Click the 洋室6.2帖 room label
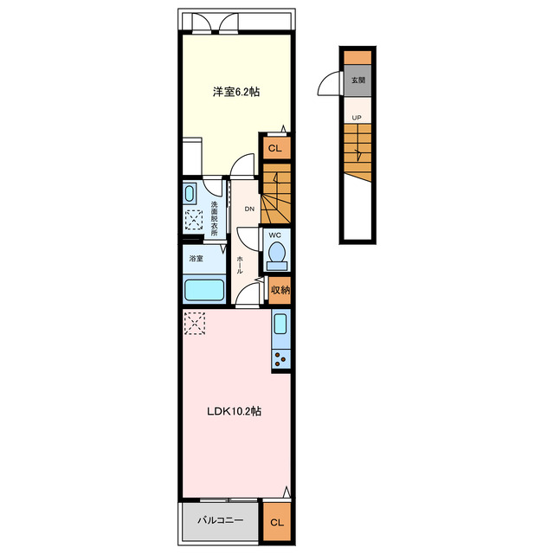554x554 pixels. (x=236, y=92)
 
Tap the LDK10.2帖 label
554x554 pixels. (x=234, y=411)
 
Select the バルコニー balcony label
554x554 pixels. (x=221, y=520)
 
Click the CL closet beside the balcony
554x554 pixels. (x=277, y=522)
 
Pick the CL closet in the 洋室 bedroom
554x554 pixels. (x=275, y=148)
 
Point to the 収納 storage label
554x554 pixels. (x=280, y=290)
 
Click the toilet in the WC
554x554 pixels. (x=277, y=256)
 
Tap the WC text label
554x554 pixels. (x=275, y=235)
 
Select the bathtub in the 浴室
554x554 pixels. (x=204, y=290)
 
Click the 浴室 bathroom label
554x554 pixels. (x=196, y=259)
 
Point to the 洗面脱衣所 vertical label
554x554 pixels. (x=214, y=218)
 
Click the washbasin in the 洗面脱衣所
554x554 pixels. (x=190, y=194)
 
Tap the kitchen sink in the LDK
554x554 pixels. (x=280, y=324)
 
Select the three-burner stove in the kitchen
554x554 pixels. (x=280, y=359)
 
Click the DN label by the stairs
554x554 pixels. (x=249, y=209)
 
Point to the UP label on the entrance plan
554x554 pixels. (x=357, y=118)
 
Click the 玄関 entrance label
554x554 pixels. (x=358, y=81)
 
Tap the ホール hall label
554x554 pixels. (x=240, y=265)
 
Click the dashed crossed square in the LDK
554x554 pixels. (x=195, y=323)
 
